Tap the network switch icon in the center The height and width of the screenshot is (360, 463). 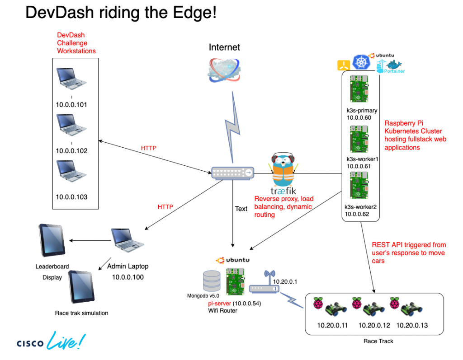pos(232,172)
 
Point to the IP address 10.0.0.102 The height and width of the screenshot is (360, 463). pos(71,151)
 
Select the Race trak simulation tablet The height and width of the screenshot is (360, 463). pos(81,286)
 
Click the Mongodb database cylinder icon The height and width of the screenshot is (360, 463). pos(211,280)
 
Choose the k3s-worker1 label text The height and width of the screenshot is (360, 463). pos(362,159)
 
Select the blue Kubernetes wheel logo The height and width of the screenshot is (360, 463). pos(361,63)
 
